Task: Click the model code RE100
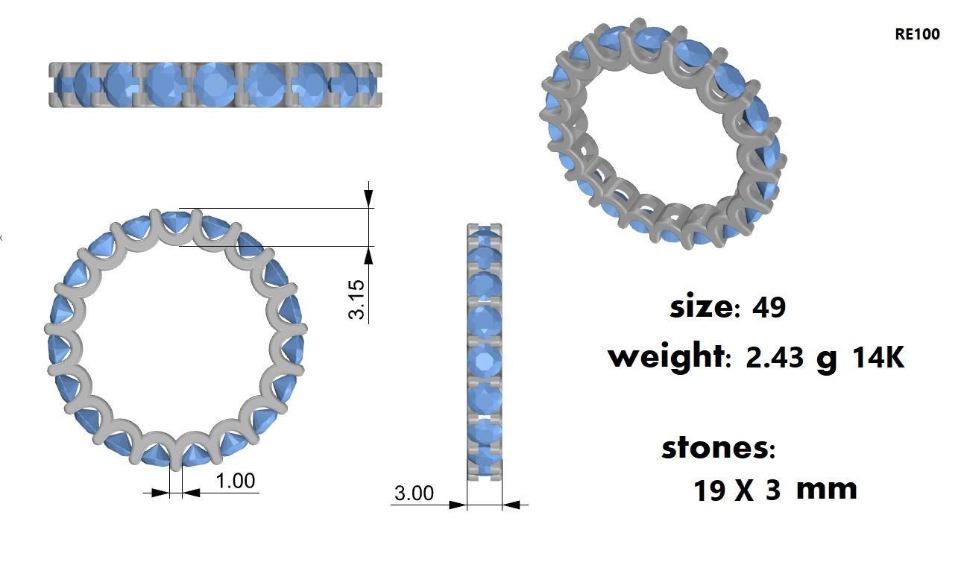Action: point(917,34)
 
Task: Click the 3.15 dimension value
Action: point(358,299)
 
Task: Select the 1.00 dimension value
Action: point(236,481)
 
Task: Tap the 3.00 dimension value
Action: point(413,493)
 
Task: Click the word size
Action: point(701,306)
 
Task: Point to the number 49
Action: point(769,307)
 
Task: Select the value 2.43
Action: point(775,358)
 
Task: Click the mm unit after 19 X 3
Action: point(826,489)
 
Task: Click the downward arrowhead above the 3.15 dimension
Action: point(368,198)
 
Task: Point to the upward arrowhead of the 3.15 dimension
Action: point(368,255)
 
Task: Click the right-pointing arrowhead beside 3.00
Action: point(458,505)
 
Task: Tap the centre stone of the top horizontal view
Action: point(215,84)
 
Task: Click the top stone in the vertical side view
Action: point(485,239)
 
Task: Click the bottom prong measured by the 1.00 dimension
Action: point(175,458)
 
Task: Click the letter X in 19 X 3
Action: point(744,491)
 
